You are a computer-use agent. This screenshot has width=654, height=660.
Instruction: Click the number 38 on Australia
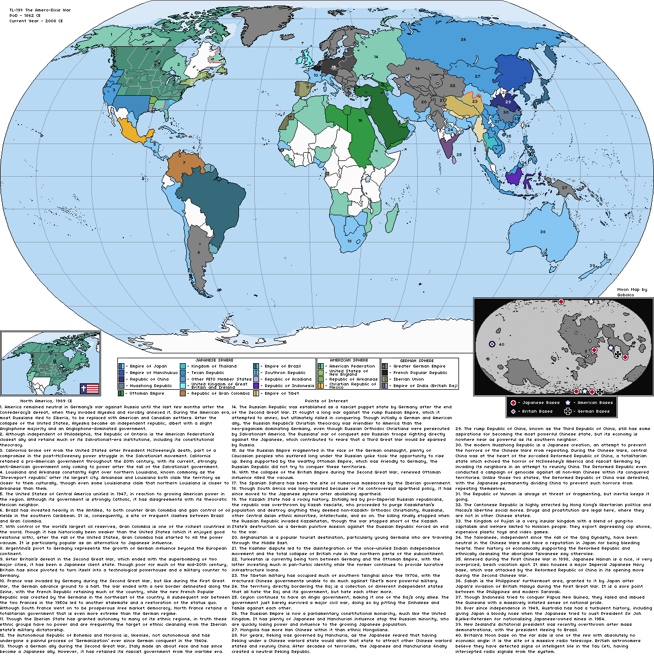pos(542,232)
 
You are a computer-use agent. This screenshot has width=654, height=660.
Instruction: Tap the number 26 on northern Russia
pos(463,39)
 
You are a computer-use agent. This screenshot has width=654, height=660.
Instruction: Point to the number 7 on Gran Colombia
pos(184,162)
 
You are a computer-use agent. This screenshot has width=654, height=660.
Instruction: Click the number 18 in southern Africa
pos(349,241)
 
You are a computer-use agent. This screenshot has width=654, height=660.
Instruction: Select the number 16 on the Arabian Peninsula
pos(360,121)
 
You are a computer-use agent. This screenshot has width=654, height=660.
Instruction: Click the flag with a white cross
pos(90,388)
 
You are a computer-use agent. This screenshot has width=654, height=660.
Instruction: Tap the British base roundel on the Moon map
pos(492,344)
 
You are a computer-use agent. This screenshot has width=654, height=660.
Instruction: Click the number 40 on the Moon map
pos(501,344)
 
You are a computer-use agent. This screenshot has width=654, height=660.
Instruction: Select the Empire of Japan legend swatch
pos(121,366)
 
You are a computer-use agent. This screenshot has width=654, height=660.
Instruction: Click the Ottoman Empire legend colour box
pos(121,393)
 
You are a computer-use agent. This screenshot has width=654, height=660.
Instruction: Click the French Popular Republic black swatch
pos(385,373)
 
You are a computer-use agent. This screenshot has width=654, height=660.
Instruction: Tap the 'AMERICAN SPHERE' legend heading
pos(349,360)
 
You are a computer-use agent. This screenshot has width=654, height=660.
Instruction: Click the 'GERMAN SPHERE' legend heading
pos(417,360)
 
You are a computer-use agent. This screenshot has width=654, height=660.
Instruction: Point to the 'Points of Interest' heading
pos(327,401)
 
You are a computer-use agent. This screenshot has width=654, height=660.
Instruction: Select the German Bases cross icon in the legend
pos(568,411)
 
